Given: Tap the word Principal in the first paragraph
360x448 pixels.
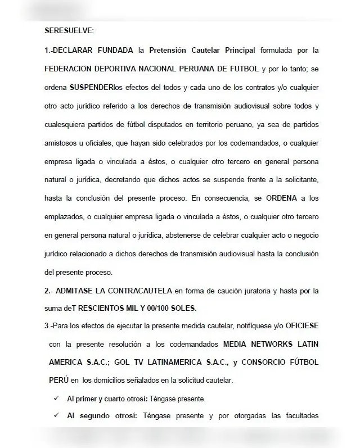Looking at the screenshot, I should [x=234, y=50].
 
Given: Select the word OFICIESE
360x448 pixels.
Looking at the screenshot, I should [x=298, y=325].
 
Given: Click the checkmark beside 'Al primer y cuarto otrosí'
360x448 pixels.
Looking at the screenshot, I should [x=55, y=398].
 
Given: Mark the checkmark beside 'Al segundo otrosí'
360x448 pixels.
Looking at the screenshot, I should [x=55, y=417].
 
